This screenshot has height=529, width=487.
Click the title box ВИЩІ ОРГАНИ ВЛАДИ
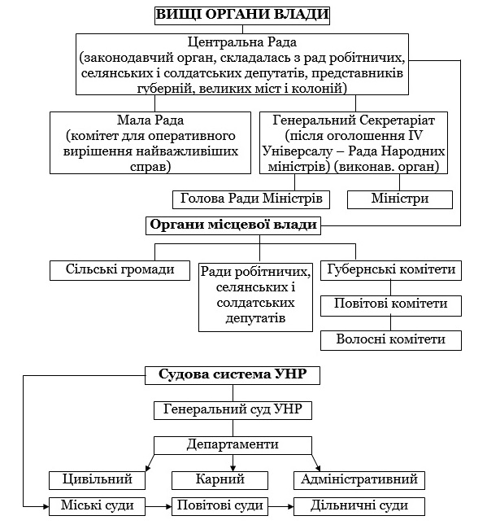tap(242, 15)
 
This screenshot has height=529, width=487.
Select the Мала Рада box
tap(150, 143)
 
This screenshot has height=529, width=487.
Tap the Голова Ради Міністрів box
tap(251, 199)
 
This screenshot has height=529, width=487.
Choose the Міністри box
tap(400, 199)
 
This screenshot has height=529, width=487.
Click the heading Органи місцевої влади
tap(233, 225)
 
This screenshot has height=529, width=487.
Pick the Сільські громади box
tap(120, 270)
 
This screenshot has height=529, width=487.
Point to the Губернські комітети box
tap(391, 270)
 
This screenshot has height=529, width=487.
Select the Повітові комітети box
tap(391, 306)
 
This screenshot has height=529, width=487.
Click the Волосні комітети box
tap(391, 340)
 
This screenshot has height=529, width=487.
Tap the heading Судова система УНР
tap(233, 375)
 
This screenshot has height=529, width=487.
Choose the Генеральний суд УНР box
tap(233, 410)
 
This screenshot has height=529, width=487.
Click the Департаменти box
tap(233, 445)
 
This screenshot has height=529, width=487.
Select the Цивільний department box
tap(97, 480)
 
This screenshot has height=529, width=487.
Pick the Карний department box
tap(220, 480)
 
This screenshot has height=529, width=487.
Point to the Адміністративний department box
tap(359, 480)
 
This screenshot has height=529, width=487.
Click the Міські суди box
tap(97, 506)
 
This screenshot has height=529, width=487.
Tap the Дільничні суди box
tap(359, 506)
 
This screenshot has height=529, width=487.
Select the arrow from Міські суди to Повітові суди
tap(159, 506)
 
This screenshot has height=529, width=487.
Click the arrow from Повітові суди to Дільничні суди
tap(281, 506)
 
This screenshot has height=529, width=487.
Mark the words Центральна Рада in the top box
tap(242, 43)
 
